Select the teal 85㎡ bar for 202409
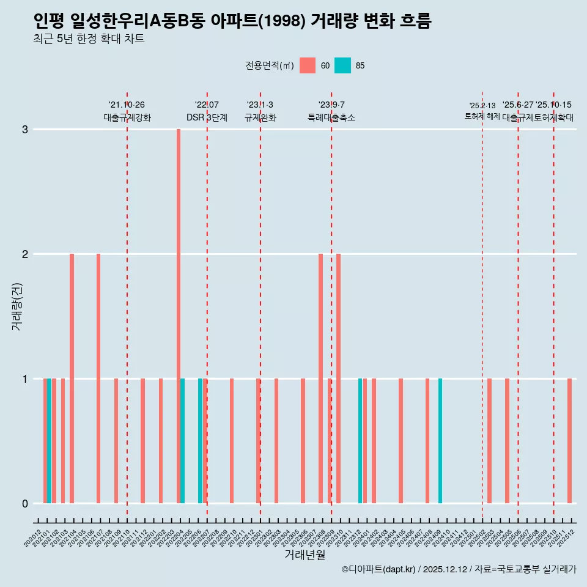(x=440, y=440)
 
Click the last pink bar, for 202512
(x=569, y=440)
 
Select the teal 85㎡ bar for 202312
(x=360, y=440)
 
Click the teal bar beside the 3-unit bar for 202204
(x=183, y=440)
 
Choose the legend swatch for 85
(x=343, y=65)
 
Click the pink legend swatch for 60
(x=308, y=65)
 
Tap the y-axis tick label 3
(x=25, y=129)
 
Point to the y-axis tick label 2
(x=25, y=254)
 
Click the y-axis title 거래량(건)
(x=17, y=306)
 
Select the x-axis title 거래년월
(x=305, y=555)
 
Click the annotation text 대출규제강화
(x=127, y=117)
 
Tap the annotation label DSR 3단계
(x=207, y=117)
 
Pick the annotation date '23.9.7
(x=331, y=105)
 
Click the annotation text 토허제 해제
(x=482, y=116)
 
